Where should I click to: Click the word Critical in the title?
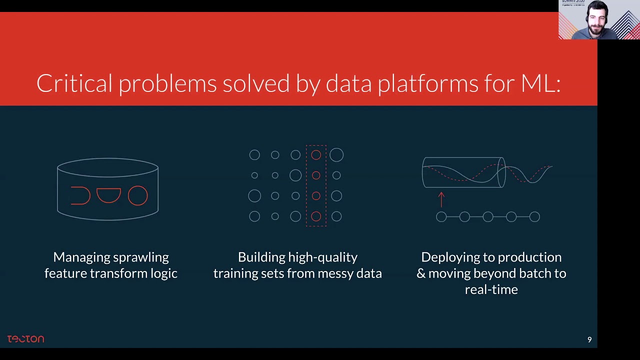[x=74, y=83]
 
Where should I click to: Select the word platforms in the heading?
[x=427, y=84]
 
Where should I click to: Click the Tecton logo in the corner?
[x=25, y=339]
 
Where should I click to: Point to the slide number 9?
[x=589, y=340]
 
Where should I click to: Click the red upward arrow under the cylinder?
[x=441, y=199]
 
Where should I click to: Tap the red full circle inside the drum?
[x=137, y=195]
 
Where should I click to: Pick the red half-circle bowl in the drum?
[x=108, y=194]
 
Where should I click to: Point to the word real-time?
[x=491, y=289]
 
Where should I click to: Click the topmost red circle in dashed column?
[x=316, y=155]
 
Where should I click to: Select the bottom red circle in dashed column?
[x=316, y=216]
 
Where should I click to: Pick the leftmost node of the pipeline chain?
[x=441, y=216]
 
